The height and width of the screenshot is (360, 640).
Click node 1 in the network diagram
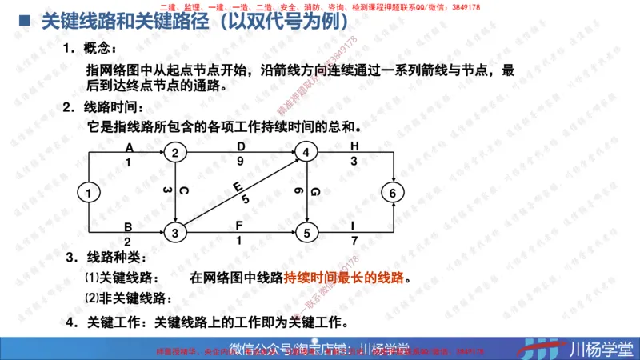coord(90,193)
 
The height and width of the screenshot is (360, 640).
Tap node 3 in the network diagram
coord(177,234)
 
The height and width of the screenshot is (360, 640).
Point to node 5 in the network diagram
coord(307,234)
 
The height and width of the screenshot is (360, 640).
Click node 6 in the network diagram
coord(392,193)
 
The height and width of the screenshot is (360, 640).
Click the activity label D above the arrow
coord(242,146)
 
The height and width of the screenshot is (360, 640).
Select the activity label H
coord(354,146)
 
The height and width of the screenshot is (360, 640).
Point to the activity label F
coord(239,226)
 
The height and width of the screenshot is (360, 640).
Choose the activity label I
coord(353,226)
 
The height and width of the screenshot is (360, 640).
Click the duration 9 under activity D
coord(242,161)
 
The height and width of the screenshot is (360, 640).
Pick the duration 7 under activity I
coord(353,242)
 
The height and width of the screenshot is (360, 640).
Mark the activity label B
coord(129,226)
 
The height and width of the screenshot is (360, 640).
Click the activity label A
coord(129,146)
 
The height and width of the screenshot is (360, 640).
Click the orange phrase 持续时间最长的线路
coord(344,278)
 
